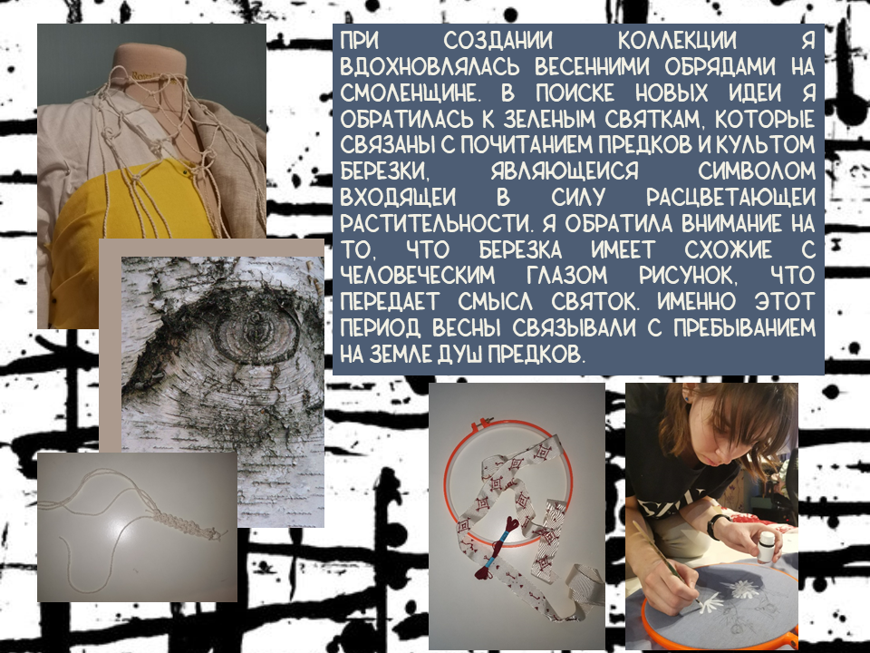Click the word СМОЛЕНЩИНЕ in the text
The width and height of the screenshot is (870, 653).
pos(409,93)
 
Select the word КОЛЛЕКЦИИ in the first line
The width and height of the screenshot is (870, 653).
pos(677,41)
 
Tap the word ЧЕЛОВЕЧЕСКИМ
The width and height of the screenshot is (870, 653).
pos(417,276)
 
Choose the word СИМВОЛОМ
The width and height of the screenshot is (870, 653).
pos(757,171)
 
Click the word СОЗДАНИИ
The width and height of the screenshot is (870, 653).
pos(498,41)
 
